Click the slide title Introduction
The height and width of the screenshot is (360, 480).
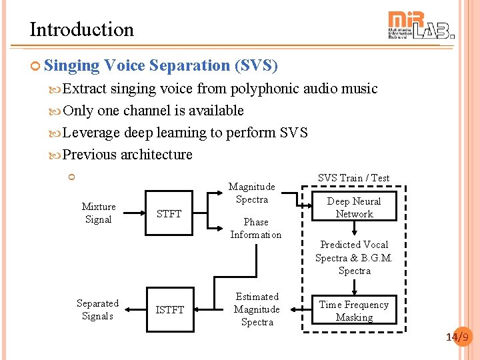point(81,29)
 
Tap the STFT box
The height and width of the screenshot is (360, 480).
point(169,213)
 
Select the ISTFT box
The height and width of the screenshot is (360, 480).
point(169,309)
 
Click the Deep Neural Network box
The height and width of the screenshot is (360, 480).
point(354,207)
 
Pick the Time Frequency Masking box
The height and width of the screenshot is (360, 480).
point(354,311)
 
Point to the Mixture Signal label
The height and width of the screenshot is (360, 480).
point(98,213)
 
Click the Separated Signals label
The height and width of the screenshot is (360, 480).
point(97,309)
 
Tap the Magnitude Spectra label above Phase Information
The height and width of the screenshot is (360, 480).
point(252,193)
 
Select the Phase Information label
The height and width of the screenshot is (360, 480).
point(256,228)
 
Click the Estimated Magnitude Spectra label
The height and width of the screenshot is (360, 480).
point(257,309)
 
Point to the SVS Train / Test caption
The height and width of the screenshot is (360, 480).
point(353,178)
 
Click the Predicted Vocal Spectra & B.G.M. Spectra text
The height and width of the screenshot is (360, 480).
point(354,257)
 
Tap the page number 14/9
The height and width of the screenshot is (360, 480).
point(459,337)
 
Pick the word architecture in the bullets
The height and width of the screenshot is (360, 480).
point(157,155)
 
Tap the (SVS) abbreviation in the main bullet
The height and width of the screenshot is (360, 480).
point(255,65)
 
